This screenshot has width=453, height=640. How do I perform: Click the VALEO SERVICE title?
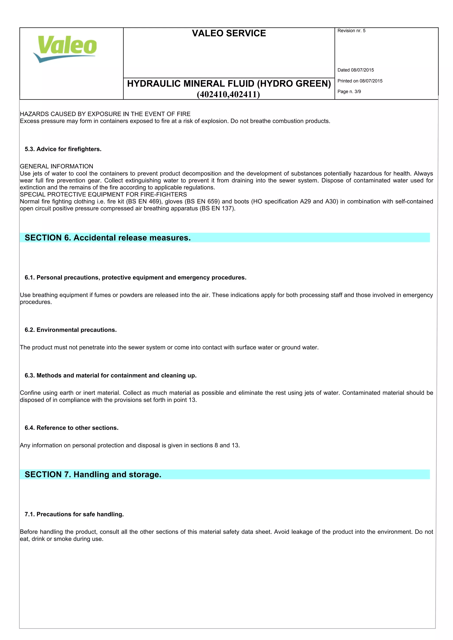pyautogui.click(x=229, y=33)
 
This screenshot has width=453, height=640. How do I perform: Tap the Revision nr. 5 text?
pyautogui.click(x=351, y=31)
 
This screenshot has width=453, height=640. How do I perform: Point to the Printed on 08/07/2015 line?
pyautogui.click(x=360, y=81)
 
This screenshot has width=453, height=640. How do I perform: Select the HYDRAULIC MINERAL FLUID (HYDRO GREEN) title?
pyautogui.click(x=229, y=84)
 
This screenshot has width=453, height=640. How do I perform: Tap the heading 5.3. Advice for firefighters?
pyautogui.click(x=63, y=149)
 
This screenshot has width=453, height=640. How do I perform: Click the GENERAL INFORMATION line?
pyautogui.click(x=56, y=167)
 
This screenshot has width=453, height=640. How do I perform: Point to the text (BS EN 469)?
pyautogui.click(x=144, y=202)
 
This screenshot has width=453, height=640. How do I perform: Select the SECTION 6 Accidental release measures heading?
pyautogui.click(x=108, y=238)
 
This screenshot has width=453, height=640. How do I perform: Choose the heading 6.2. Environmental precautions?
pyautogui.click(x=71, y=330)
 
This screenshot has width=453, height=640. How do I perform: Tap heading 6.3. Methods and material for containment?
pyautogui.click(x=111, y=375)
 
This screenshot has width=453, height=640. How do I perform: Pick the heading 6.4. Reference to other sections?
pyautogui.click(x=71, y=428)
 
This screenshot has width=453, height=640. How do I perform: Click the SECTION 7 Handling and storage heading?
pyautogui.click(x=93, y=474)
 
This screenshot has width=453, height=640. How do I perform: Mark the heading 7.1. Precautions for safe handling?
pyautogui.click(x=74, y=514)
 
